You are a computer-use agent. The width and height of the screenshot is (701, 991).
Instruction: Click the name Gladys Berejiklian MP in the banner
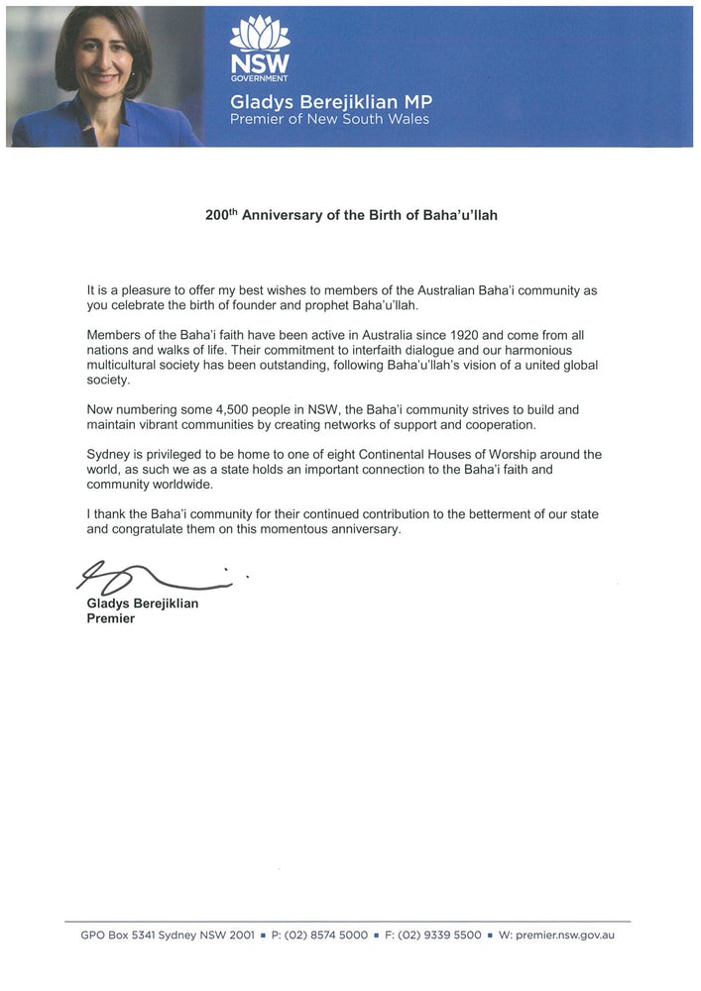pos(331,102)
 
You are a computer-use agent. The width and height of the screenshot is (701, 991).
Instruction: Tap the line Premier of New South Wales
pos(330,119)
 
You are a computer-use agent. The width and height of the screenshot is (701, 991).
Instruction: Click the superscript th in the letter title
pos(235,210)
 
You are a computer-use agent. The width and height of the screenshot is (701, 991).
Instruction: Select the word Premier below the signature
pos(110,618)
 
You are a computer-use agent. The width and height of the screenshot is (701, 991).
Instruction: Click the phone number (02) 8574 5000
pos(326,935)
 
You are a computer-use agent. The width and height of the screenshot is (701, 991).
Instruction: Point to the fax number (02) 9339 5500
pos(439,935)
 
